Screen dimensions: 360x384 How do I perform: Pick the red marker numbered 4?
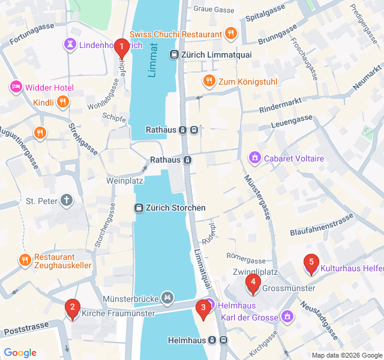tap(253, 283)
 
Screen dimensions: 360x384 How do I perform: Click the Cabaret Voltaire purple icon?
tap(255, 158)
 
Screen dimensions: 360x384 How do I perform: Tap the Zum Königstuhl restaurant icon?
tap(209, 80)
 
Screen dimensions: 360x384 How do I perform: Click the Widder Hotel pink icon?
tap(16, 88)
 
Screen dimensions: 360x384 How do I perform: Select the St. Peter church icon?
tap(67, 200)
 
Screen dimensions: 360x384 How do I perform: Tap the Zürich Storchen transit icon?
tap(139, 208)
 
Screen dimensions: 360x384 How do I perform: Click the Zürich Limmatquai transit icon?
tap(174, 55)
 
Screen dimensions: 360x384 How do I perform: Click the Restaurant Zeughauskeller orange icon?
tap(25, 260)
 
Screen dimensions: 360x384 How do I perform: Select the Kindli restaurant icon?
tap(62, 102)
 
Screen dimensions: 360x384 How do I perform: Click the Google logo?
tap(20, 353)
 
